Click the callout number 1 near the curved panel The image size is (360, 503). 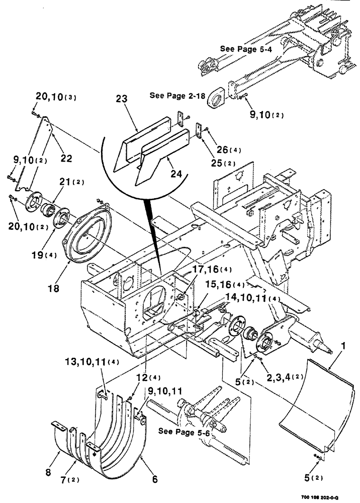[343, 347]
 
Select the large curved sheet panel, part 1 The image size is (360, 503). [312, 407]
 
